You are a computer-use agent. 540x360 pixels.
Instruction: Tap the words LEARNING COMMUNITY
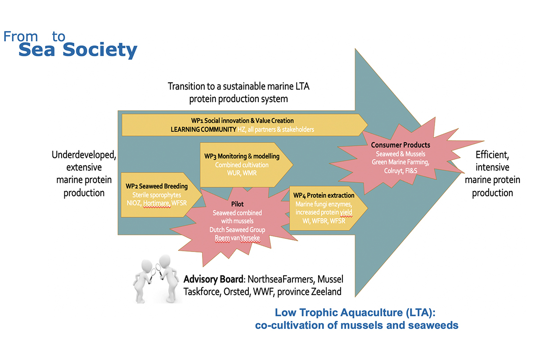tap(203, 129)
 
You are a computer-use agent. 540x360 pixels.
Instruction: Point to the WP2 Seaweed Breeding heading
tap(157, 186)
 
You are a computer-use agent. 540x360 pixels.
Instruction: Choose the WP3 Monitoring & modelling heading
tap(242, 156)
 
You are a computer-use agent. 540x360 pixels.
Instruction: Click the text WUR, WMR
tap(242, 173)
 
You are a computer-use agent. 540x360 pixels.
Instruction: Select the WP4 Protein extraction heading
tap(324, 195)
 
